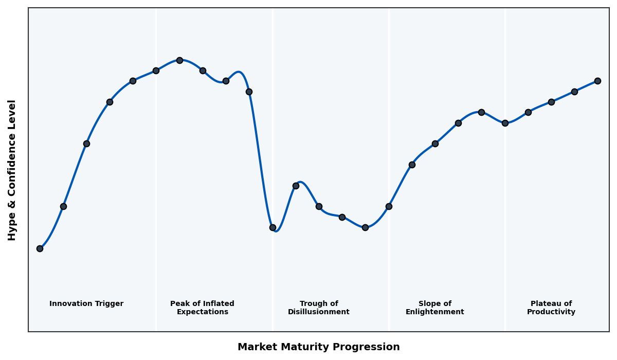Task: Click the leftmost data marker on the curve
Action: coord(40,248)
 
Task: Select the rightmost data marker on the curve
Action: coord(597,81)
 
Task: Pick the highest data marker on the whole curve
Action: coord(179,60)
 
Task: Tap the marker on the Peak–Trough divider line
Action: coord(273,227)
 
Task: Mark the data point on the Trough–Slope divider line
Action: coord(389,206)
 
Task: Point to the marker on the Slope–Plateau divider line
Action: coord(505,123)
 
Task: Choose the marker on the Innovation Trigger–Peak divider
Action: coord(156,70)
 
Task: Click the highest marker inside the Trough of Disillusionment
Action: coord(296,186)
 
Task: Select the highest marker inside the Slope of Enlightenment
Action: coord(481,112)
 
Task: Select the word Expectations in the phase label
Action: coord(203,312)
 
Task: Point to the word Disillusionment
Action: coord(319,312)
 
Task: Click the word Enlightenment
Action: coord(435,312)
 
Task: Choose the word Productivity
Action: coord(551,312)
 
